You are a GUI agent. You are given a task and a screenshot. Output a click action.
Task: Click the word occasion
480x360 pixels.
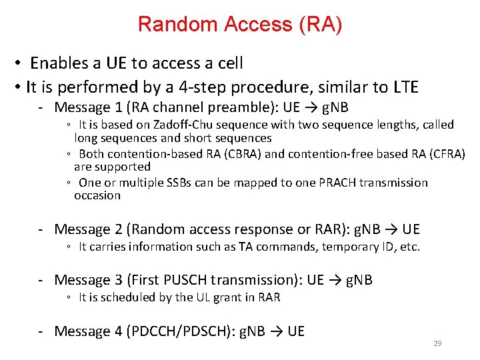pyautogui.click(x=97, y=195)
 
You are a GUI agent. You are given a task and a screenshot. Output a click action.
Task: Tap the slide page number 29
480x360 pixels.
pyautogui.click(x=438, y=343)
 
